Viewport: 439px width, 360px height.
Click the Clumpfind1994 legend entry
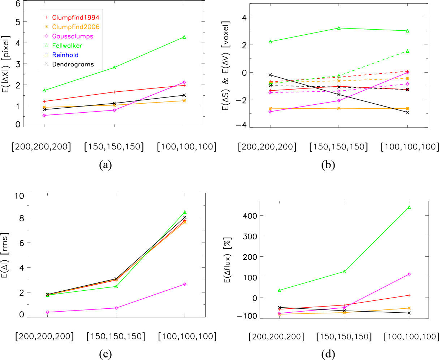tap(76, 17)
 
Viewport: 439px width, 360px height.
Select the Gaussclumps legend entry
tap(73, 36)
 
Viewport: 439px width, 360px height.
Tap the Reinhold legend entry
tap(65, 55)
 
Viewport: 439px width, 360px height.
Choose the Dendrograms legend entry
tap(73, 64)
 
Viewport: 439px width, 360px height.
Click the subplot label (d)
tap(328, 354)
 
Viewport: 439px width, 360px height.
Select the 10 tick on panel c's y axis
tap(19, 195)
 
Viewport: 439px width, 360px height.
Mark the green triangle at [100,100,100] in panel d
tap(409, 207)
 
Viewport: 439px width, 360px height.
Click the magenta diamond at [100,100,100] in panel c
tap(185, 284)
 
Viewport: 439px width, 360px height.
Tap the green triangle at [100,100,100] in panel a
tap(184, 37)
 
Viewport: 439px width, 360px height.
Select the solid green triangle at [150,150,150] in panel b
tap(339, 28)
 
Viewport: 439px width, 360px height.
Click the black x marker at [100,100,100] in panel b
tap(408, 112)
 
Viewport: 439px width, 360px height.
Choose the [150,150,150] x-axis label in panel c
tap(116, 337)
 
